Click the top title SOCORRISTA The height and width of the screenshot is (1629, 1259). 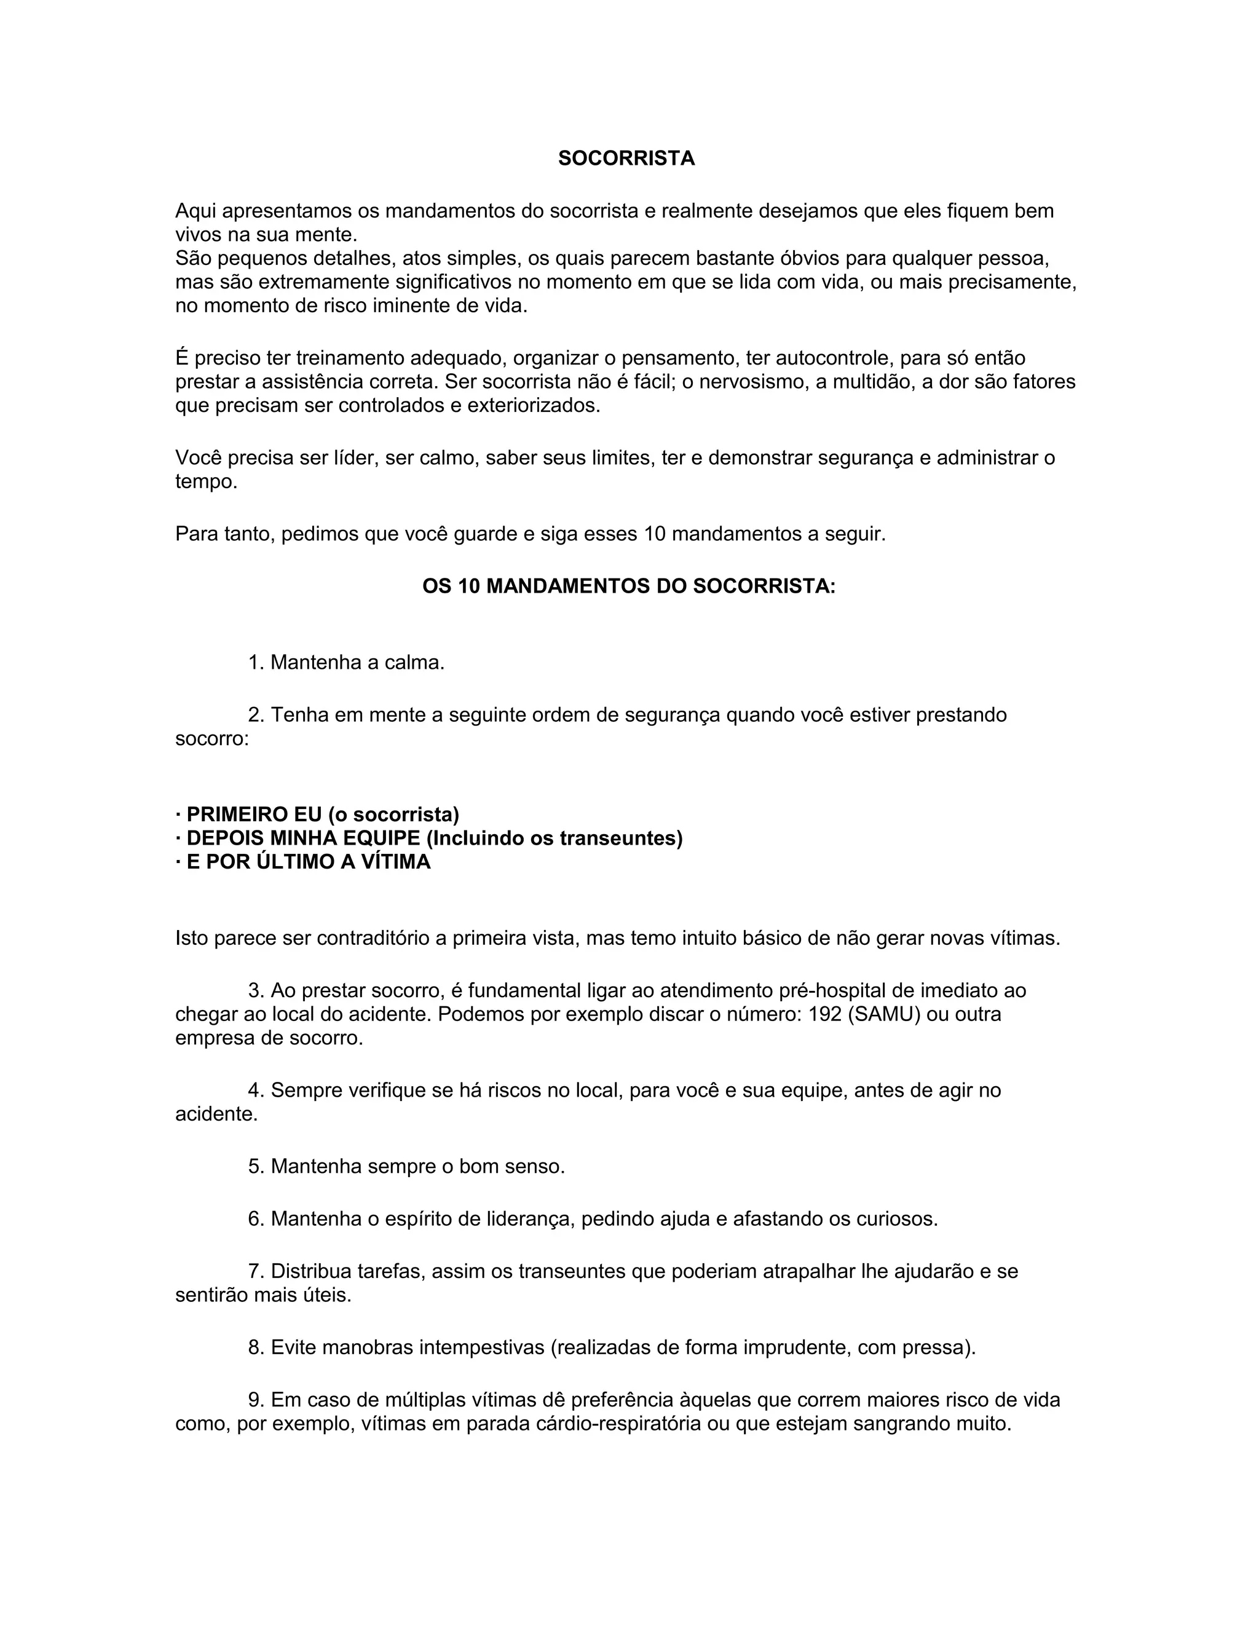point(626,158)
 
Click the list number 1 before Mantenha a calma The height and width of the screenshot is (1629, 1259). point(255,662)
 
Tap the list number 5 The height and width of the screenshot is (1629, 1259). point(255,1166)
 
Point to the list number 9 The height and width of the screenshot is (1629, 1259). point(255,1399)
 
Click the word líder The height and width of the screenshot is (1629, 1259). point(354,457)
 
